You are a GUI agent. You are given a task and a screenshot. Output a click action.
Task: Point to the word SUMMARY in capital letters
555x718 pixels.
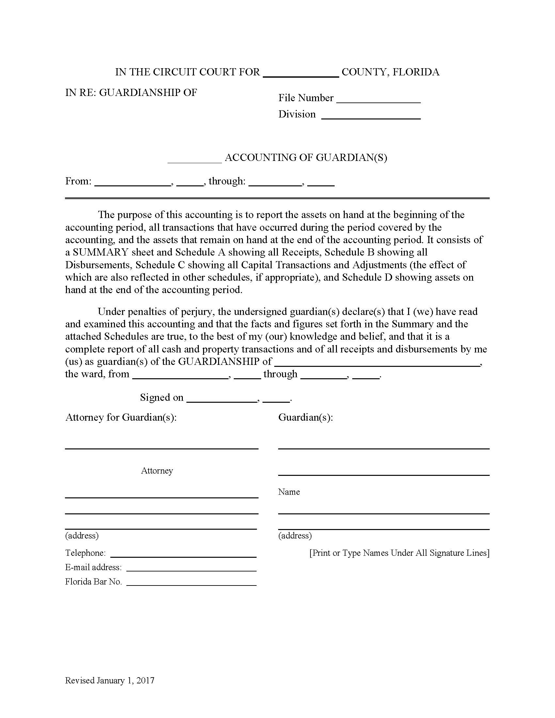click(x=101, y=252)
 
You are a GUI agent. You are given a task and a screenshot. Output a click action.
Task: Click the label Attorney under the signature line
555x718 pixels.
click(x=157, y=471)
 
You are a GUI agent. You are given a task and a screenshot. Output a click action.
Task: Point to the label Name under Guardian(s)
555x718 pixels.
click(x=289, y=492)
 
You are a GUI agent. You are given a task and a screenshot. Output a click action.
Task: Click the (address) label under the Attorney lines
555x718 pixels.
click(x=82, y=536)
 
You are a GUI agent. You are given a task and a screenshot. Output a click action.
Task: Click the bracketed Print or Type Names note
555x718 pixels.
click(x=399, y=553)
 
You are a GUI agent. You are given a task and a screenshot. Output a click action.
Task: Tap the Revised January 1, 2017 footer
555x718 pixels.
click(x=109, y=680)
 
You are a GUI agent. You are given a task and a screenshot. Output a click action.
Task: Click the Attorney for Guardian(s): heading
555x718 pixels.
click(x=121, y=417)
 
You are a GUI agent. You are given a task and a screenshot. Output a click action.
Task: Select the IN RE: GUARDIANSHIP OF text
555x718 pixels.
click(x=131, y=93)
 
